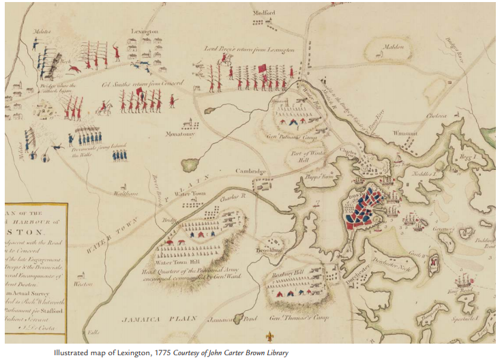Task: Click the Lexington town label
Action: click(x=144, y=32)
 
